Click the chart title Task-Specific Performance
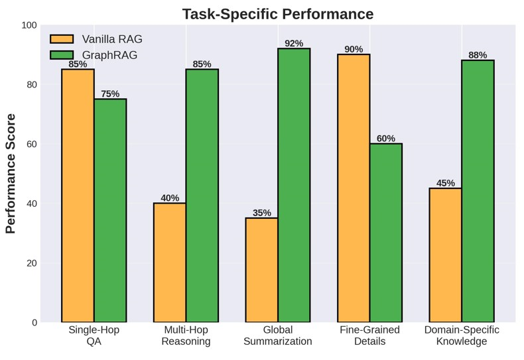[x=277, y=14]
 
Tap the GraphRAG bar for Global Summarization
[x=294, y=185]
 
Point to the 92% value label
[x=294, y=44]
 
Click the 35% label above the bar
[x=262, y=213]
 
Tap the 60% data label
[x=386, y=139]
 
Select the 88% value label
[x=478, y=55]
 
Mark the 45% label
[x=446, y=183]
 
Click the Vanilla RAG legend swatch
[x=62, y=39]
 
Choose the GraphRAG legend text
[x=109, y=55]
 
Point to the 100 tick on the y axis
[x=29, y=25]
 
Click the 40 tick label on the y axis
[x=32, y=204]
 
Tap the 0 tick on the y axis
[x=34, y=322]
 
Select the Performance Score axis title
[x=11, y=174]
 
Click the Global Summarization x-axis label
[x=277, y=335]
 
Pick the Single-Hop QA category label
[x=94, y=335]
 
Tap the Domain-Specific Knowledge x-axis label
[x=462, y=335]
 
